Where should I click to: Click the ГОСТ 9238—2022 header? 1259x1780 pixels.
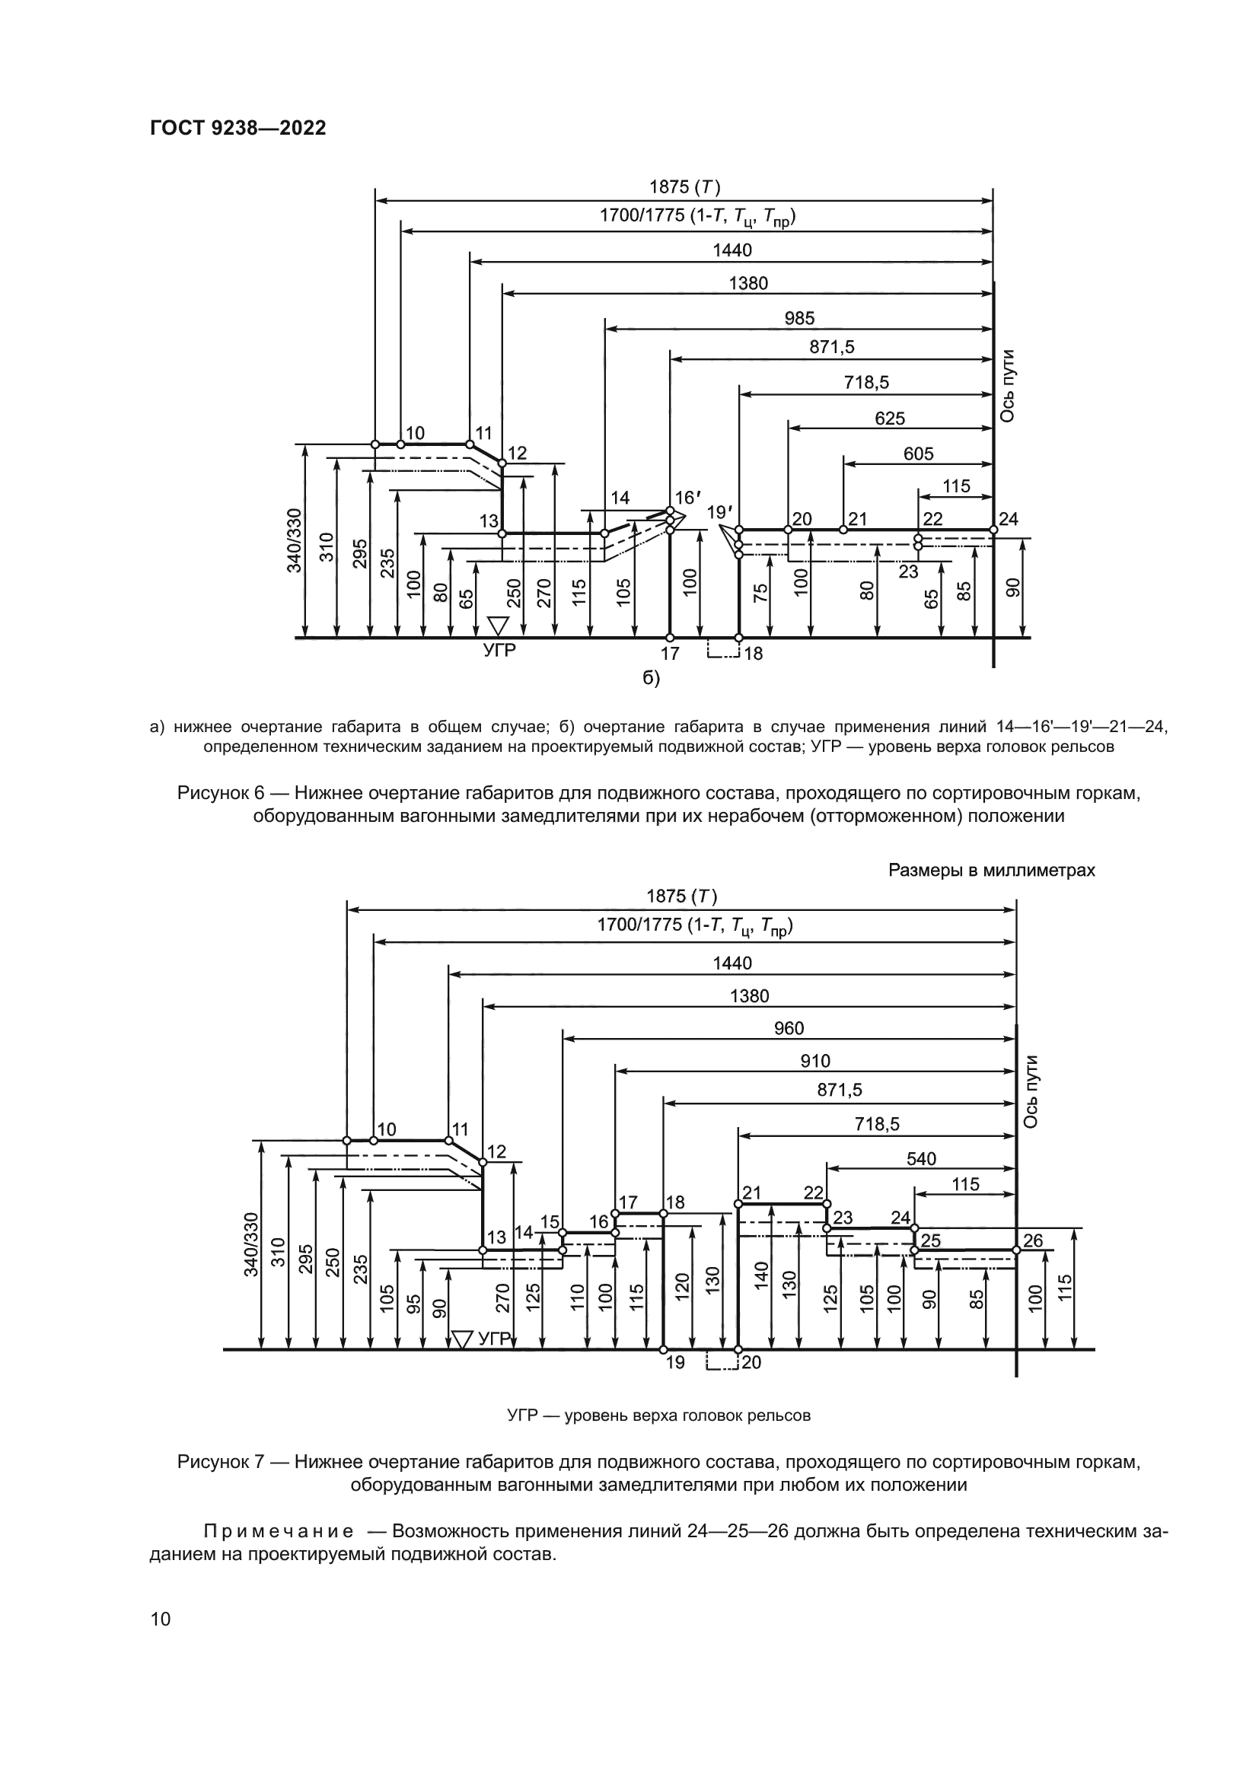click(x=237, y=128)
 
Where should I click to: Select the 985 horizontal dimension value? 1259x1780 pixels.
click(x=799, y=318)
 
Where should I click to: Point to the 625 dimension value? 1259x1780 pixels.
click(x=889, y=419)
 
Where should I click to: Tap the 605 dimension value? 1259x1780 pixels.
click(x=918, y=454)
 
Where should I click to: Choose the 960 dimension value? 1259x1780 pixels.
click(x=789, y=1028)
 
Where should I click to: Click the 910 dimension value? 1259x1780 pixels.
click(x=814, y=1061)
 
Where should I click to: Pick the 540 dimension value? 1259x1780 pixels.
click(x=921, y=1158)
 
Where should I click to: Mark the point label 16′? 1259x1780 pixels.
click(x=684, y=498)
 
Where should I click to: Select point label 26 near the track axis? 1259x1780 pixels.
click(x=1033, y=1240)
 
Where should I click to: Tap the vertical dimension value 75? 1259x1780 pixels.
click(x=760, y=593)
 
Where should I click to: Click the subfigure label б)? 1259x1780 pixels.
click(x=652, y=678)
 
